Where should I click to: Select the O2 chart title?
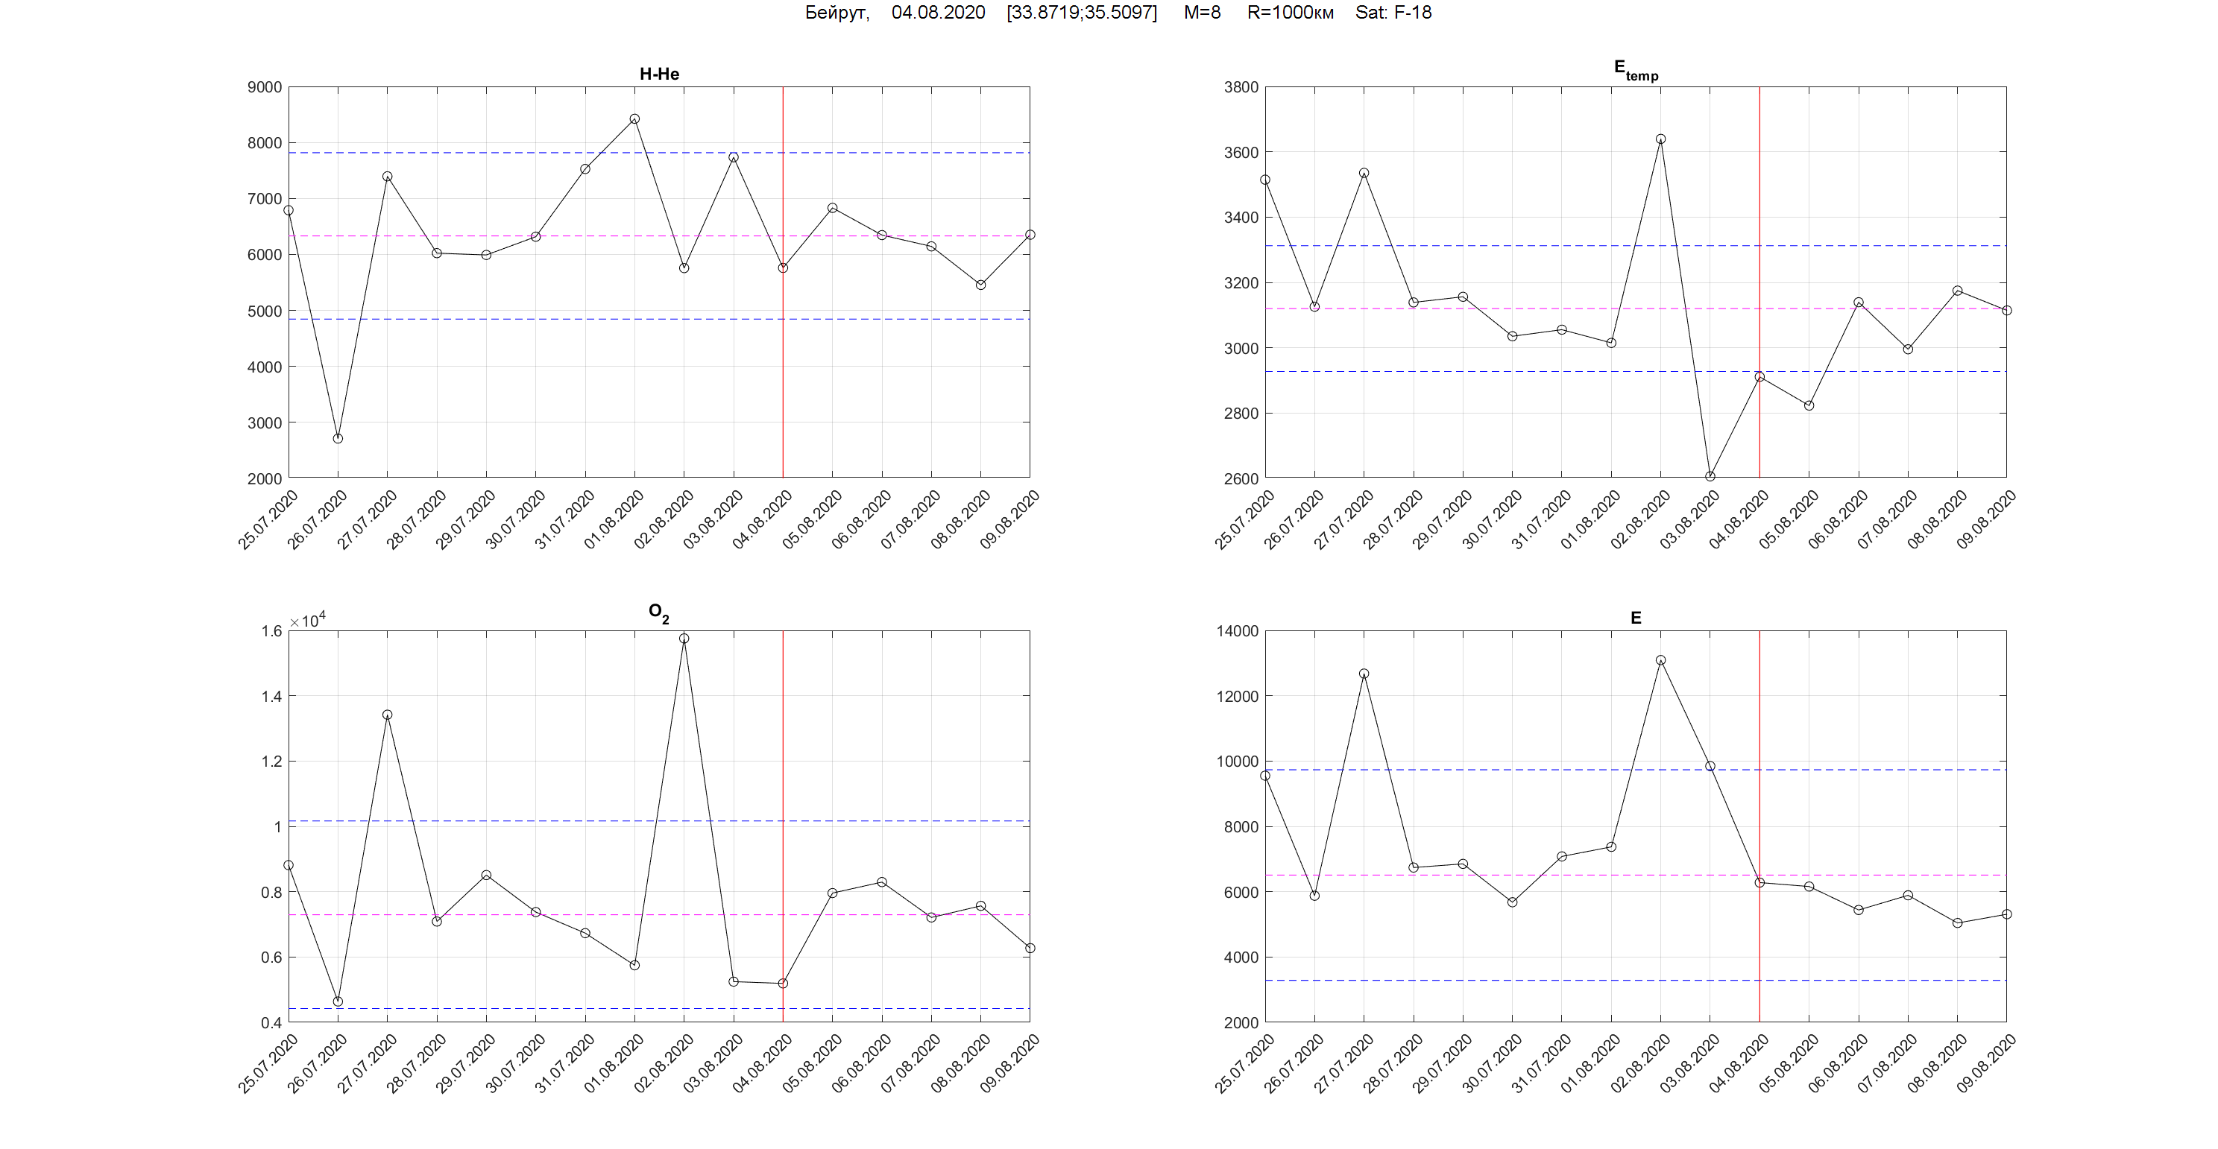coord(658,613)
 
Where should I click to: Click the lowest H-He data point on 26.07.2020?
coord(338,439)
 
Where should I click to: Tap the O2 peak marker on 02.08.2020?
coord(684,639)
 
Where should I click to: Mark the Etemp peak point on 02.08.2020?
coord(1660,139)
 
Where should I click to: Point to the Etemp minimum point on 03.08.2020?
coord(1710,477)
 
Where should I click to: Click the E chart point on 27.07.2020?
coord(1364,674)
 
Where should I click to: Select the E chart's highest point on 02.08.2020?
coord(1660,661)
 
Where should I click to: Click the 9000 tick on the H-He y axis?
coord(265,87)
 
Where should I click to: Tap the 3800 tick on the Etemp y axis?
coord(1241,87)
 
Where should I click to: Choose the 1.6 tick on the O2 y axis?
coord(271,631)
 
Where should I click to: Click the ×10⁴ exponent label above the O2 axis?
coord(307,621)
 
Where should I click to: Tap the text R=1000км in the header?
coord(1290,13)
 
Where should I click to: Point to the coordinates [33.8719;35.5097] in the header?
coord(1082,13)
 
